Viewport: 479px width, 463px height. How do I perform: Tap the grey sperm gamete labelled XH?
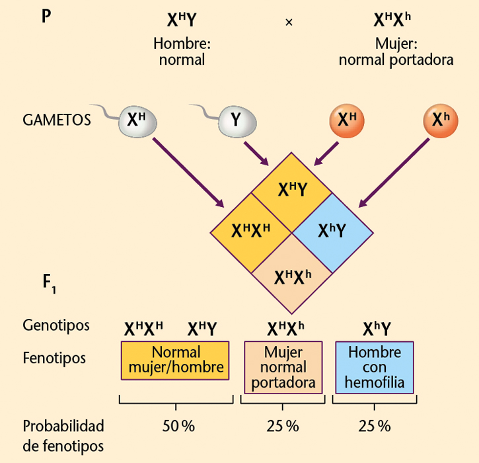tap(136, 120)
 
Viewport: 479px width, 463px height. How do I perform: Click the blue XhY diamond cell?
tap(332, 231)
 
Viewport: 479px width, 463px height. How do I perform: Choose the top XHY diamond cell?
tap(291, 190)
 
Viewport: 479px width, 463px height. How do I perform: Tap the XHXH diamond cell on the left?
tap(251, 231)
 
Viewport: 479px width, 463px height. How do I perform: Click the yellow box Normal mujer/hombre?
tap(175, 360)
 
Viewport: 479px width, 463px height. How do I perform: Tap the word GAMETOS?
tap(56, 120)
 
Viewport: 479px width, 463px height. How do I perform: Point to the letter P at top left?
tap(46, 16)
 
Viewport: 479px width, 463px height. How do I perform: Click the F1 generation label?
tap(50, 283)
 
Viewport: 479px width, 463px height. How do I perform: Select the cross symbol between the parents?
tap(288, 22)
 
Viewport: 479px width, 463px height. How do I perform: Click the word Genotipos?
tap(55, 325)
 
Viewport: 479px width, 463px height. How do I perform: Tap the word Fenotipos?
tap(54, 358)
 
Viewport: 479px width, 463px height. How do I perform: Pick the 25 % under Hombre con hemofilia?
tap(375, 426)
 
